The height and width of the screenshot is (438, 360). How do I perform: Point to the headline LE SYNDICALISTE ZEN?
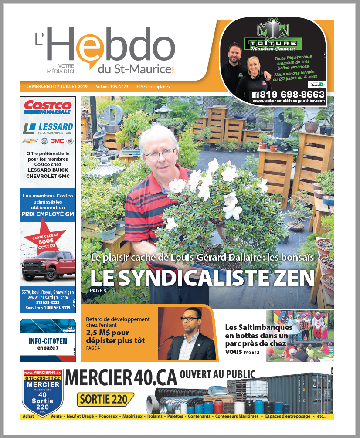click(202, 277)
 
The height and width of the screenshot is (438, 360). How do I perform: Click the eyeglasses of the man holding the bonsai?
click(160, 154)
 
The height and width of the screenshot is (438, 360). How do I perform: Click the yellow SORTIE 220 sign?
click(105, 399)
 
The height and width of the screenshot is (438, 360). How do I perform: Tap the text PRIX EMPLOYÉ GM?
click(48, 214)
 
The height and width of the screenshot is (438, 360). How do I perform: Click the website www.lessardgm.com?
click(48, 297)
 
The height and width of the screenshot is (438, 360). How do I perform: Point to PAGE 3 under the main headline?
click(98, 290)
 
